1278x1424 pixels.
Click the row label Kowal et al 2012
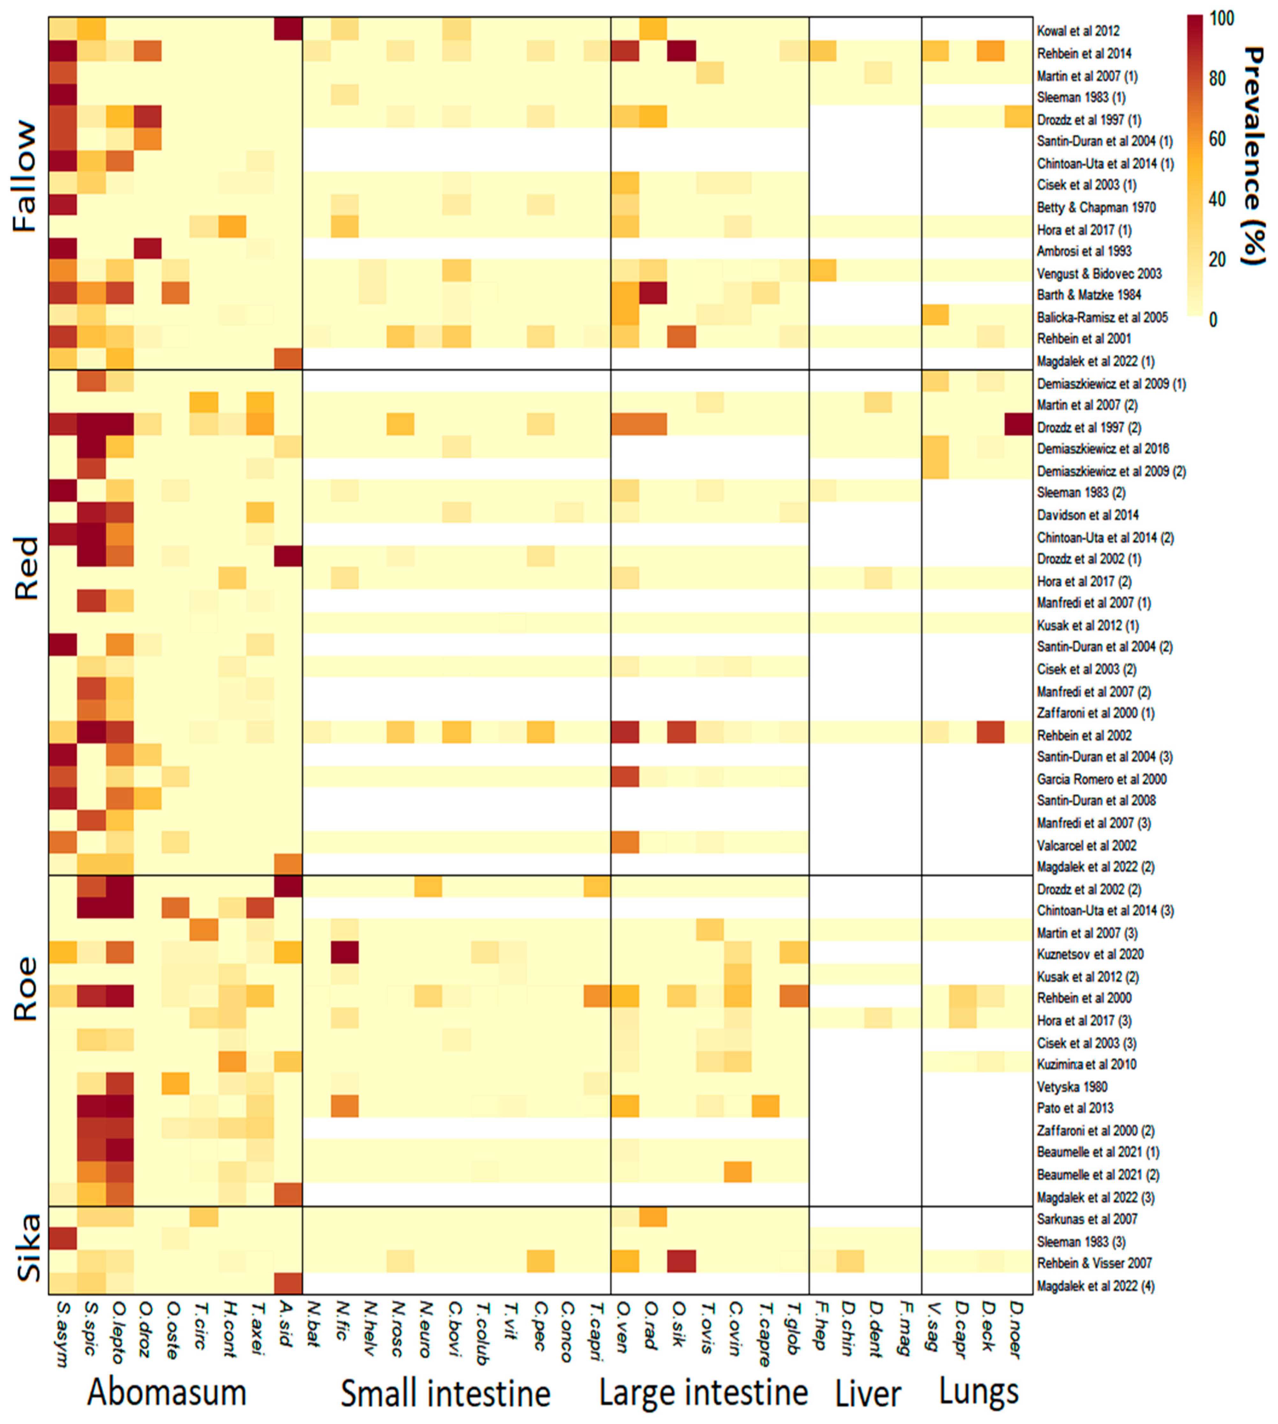(x=1078, y=31)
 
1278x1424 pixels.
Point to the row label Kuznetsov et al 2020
(x=1090, y=954)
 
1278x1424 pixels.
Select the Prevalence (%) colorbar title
(x=1255, y=156)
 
